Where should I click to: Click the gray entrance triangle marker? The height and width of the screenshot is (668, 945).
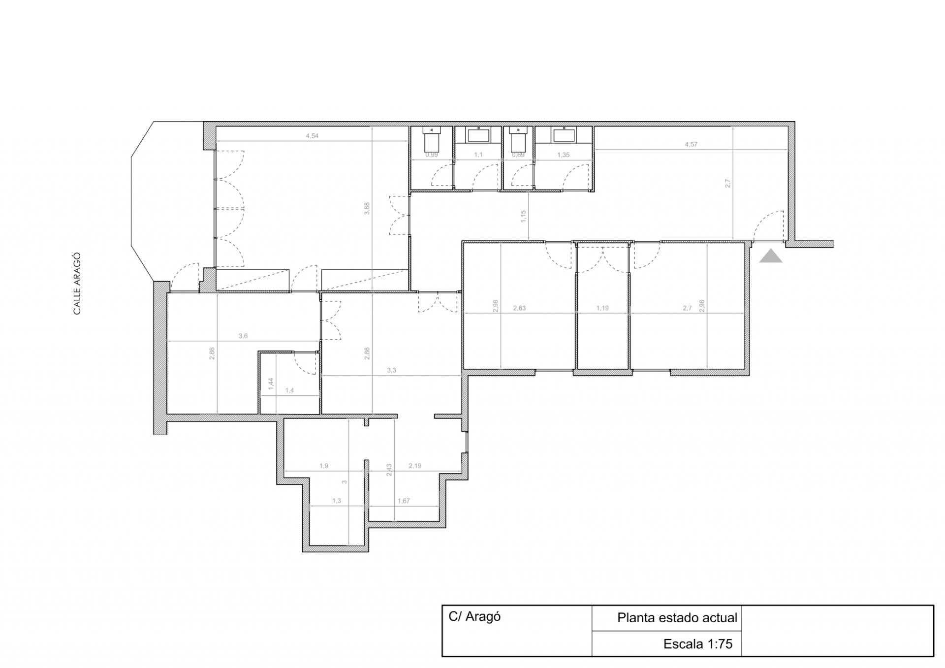(771, 256)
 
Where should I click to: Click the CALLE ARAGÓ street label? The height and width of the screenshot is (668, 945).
(77, 284)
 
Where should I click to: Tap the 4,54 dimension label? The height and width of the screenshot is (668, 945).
(312, 136)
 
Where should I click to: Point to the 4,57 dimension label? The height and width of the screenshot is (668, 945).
(691, 145)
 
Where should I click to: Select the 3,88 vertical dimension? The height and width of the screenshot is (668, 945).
(367, 209)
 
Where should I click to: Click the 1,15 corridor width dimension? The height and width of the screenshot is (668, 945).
(523, 217)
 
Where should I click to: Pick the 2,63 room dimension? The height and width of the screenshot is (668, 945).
(519, 308)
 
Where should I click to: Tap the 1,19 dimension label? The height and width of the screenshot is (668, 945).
(602, 308)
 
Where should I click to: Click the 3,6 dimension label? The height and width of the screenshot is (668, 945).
(243, 336)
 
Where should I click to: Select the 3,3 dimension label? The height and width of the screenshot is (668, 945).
(391, 370)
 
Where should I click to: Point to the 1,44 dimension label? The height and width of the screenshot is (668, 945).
(271, 384)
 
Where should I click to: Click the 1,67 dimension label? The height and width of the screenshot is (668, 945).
(404, 501)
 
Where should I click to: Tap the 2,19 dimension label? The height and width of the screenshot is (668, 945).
(415, 466)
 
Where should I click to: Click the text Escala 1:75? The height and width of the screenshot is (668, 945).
(698, 644)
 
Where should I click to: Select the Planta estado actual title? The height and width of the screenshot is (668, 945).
(677, 618)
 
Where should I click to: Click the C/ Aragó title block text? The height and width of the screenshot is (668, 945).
(474, 617)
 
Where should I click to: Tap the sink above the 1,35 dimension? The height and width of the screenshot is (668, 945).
(563, 135)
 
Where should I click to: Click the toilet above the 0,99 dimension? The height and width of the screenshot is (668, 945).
(431, 140)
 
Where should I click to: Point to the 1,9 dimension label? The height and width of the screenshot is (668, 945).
(323, 466)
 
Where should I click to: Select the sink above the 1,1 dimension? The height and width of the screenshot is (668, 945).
(478, 135)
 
